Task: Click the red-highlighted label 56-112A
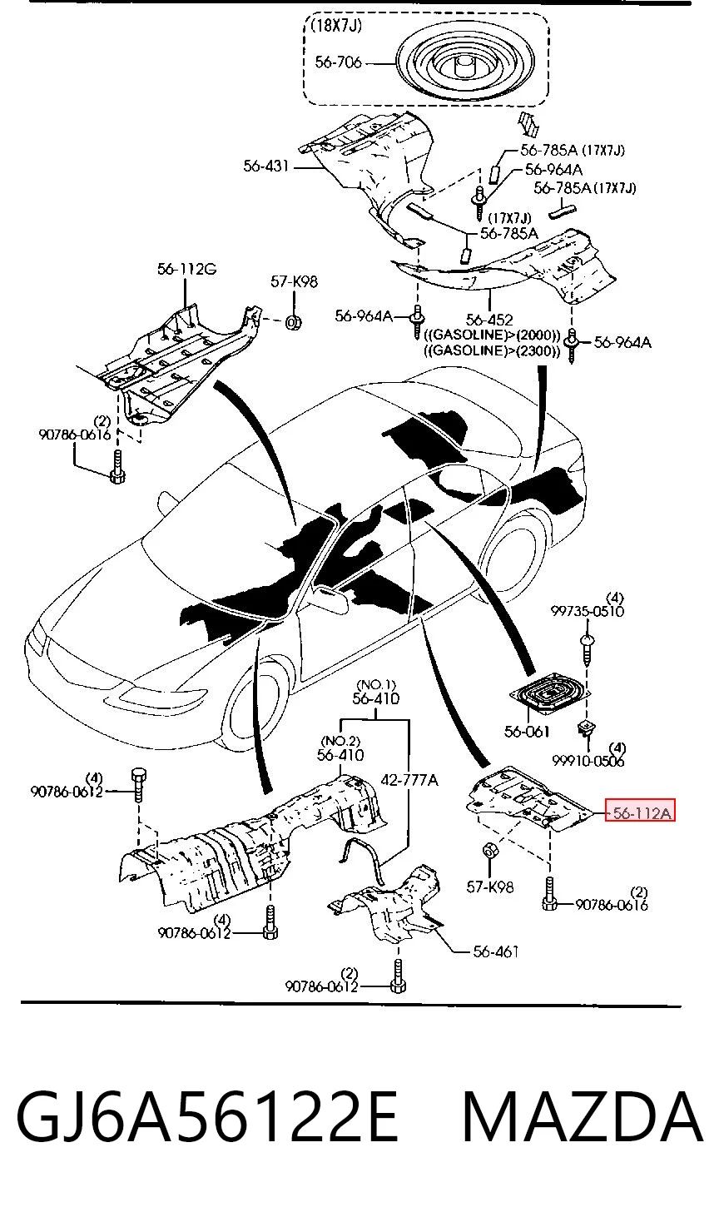tap(641, 812)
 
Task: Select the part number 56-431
tap(266, 166)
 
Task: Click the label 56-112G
tap(186, 268)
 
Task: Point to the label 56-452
tap(489, 320)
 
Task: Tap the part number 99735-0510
tap(587, 611)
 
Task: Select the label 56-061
tap(527, 732)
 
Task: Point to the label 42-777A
tap(409, 780)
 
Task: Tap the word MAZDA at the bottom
tap(583, 1117)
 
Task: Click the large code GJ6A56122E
tap(208, 1117)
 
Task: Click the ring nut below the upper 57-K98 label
tap(294, 324)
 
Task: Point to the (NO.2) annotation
tap(340, 740)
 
